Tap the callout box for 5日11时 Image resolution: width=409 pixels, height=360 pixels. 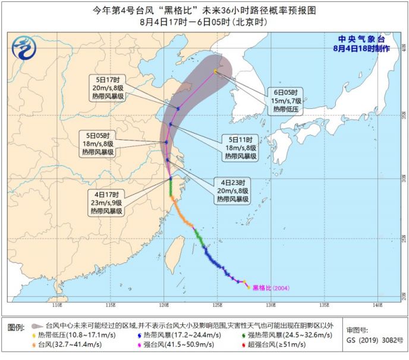pos(240,148)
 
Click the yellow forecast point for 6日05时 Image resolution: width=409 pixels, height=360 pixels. pos(216,71)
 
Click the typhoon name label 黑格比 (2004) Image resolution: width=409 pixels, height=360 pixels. pos(272,288)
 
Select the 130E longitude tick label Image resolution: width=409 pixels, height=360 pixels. pos(270,305)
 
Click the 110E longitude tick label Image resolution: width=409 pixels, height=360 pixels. pos(57,305)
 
